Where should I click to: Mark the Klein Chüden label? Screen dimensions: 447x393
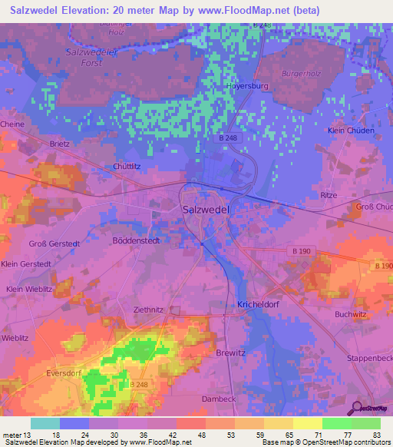click(351, 131)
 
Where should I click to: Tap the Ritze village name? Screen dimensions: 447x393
click(329, 196)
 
